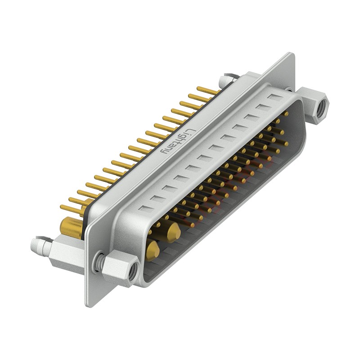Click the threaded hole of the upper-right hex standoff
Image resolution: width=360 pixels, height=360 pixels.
(321, 108)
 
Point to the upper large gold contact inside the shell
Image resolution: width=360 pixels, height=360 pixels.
(173, 232)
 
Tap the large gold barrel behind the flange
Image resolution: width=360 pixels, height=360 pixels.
(71, 228)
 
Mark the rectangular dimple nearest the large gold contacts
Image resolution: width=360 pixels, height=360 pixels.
(145, 208)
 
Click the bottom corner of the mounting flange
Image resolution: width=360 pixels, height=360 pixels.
(89, 304)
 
